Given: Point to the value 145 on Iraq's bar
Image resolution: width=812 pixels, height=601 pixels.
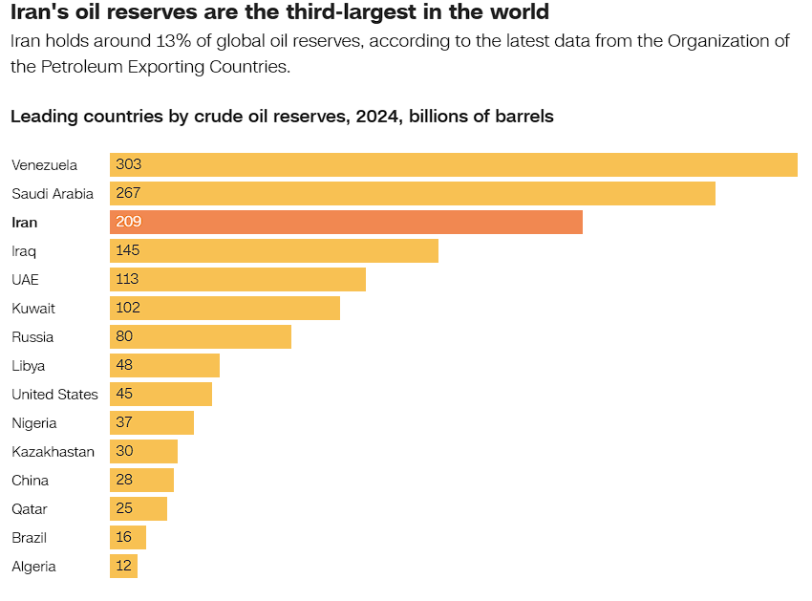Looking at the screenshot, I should pyautogui.click(x=128, y=251).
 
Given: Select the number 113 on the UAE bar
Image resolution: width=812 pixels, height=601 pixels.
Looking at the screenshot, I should pyautogui.click(x=127, y=280).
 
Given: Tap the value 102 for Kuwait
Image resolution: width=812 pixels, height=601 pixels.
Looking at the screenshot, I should pyautogui.click(x=127, y=309).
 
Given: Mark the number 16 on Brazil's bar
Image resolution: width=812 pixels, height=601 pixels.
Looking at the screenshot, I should pyautogui.click(x=124, y=538).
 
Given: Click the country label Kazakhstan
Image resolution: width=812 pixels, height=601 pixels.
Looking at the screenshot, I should pyautogui.click(x=53, y=452).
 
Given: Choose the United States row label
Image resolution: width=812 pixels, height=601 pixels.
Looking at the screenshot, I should pyautogui.click(x=54, y=395).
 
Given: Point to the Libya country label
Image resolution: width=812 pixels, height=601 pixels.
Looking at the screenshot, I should pyautogui.click(x=28, y=366).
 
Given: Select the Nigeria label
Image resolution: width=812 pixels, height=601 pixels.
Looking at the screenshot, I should pyautogui.click(x=33, y=423).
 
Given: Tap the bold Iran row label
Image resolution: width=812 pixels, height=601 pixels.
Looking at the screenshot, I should pyautogui.click(x=24, y=223).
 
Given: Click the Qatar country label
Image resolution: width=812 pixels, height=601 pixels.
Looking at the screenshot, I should pyautogui.click(x=29, y=509).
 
